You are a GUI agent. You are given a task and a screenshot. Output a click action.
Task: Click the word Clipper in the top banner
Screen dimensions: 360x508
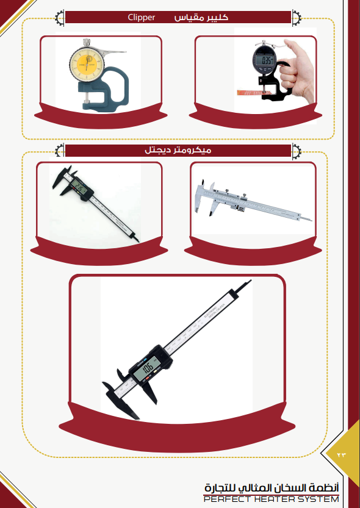pos(142,17)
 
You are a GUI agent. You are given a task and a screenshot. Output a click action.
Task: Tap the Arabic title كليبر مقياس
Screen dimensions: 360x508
pos(201,17)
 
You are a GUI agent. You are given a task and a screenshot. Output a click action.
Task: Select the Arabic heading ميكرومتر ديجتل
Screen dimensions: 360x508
pos(178,150)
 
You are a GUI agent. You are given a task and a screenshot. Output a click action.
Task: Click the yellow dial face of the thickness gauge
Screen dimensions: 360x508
pos(87,66)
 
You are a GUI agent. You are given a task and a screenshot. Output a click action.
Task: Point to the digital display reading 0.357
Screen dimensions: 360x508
pos(264,60)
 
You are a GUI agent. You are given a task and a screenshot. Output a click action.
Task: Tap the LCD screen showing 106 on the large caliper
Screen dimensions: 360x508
pos(148,369)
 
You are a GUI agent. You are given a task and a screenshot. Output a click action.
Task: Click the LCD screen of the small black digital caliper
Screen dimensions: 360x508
pos(79,187)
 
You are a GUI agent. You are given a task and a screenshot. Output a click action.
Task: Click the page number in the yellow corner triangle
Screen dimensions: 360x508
pos(342,454)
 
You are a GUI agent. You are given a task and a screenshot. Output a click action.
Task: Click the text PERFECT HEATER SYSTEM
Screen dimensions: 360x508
pos(271,499)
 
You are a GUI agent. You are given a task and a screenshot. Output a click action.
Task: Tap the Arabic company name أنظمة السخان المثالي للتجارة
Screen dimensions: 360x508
pos(272,488)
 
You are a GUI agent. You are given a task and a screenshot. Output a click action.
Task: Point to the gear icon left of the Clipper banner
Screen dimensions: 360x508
pos(60,17)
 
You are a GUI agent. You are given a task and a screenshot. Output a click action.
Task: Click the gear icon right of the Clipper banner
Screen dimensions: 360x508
pos(297,17)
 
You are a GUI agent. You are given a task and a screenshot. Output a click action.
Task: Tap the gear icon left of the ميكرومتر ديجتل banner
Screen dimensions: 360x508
pos(60,150)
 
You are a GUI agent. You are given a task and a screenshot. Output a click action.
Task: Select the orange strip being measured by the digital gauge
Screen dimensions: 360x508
pos(249,93)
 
